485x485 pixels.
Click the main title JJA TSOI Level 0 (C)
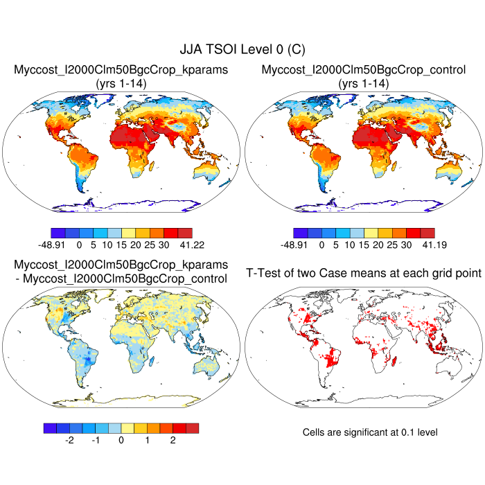tap(242, 49)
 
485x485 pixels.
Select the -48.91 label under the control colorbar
tap(302, 245)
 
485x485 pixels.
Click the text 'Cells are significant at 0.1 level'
tap(370, 432)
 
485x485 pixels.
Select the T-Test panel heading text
tap(363, 274)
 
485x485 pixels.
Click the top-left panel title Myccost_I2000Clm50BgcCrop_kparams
tap(121, 70)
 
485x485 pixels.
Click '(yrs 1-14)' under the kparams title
tap(121, 83)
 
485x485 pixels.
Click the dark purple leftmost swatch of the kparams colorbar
tap(58, 233)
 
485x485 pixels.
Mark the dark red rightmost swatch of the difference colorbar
tap(192, 427)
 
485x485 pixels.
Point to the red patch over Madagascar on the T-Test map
tap(393, 358)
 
